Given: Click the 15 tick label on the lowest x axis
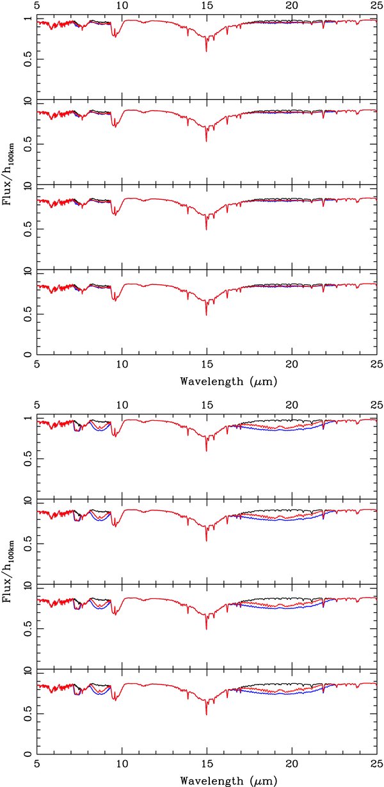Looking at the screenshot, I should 207,765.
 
